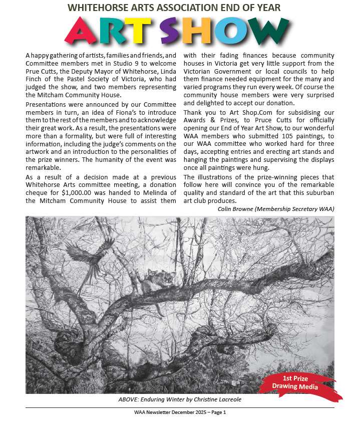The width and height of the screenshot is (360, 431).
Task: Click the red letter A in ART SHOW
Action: (86, 32)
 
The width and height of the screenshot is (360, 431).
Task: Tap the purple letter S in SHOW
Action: (173, 31)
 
